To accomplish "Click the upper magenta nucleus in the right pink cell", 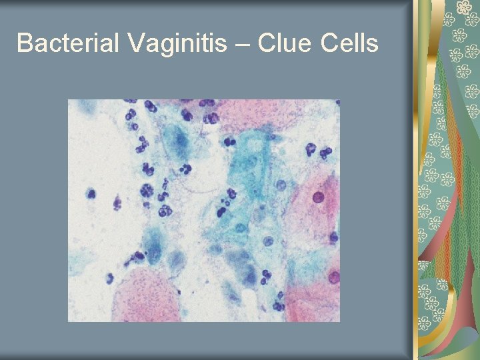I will click(319, 197).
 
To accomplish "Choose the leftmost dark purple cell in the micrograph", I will click(91, 193).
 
